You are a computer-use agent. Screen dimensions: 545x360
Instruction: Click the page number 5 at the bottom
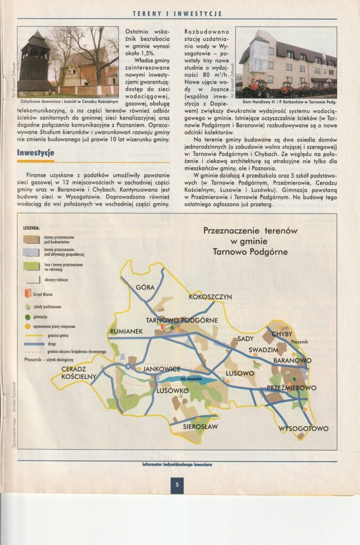pos(177,485)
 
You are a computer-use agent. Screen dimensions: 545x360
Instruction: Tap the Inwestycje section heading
pos(36,153)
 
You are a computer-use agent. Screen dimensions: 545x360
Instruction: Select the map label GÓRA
pos(145,287)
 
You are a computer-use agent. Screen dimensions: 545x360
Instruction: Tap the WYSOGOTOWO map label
pos(304,428)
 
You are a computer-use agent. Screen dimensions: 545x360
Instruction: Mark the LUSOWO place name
pos(240,373)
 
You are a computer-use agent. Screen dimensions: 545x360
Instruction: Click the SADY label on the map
pos(245,338)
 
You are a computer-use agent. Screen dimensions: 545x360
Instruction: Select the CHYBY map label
pos(282,334)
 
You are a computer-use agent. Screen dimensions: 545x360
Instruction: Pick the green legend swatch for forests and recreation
pos(31,266)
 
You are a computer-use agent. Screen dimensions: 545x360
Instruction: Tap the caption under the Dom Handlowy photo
pos(286,101)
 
